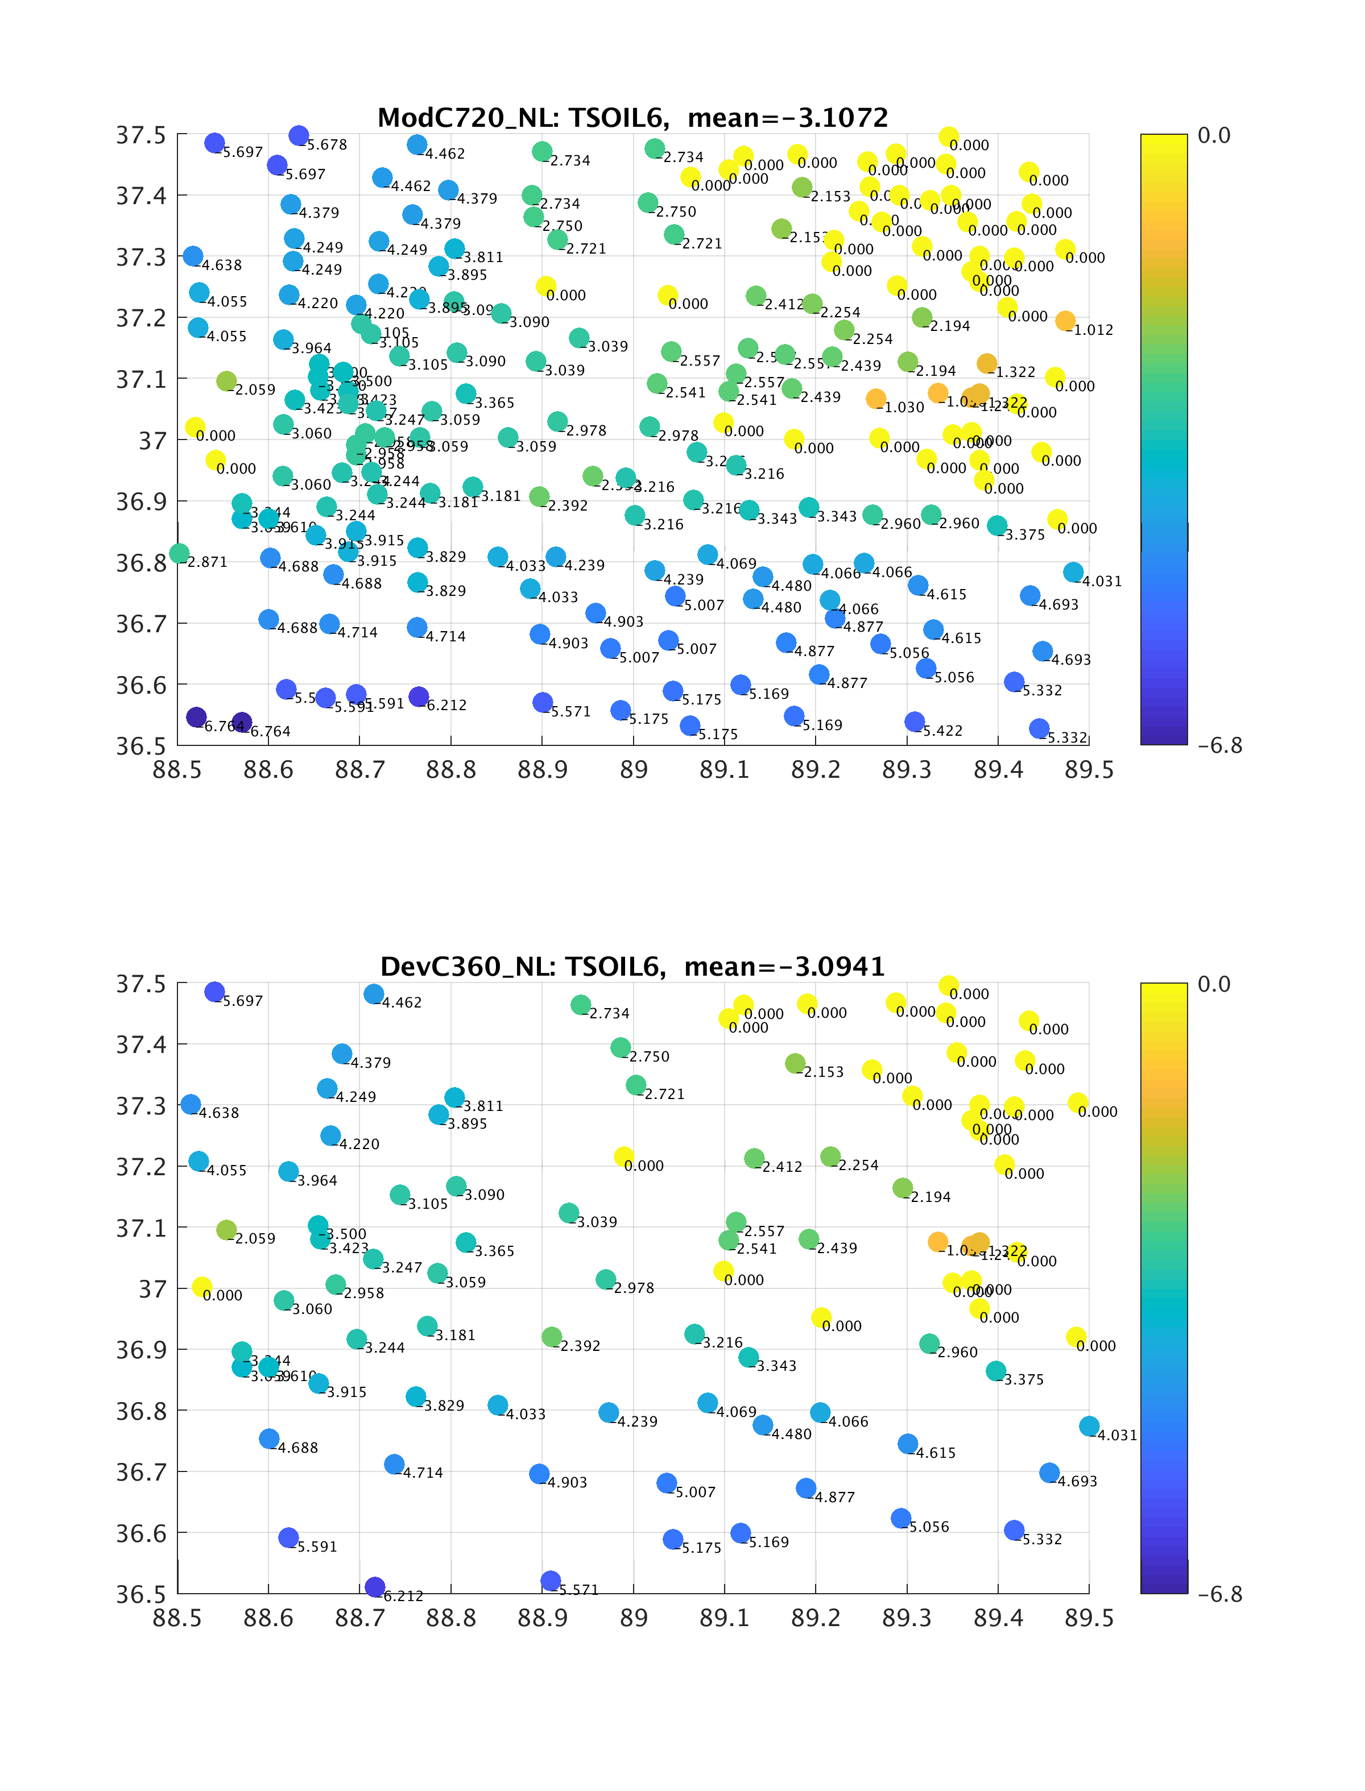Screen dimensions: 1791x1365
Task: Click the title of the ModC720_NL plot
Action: tap(633, 118)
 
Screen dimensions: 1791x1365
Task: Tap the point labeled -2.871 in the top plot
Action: tap(180, 554)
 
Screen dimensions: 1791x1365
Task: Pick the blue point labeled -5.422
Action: tap(915, 722)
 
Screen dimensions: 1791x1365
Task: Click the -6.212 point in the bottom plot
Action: tap(375, 1587)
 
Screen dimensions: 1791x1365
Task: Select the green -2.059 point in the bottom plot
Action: tap(227, 1230)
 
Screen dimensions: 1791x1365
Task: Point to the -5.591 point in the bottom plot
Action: tap(288, 1537)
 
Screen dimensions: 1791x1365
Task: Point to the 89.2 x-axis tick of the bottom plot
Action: tap(816, 1618)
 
